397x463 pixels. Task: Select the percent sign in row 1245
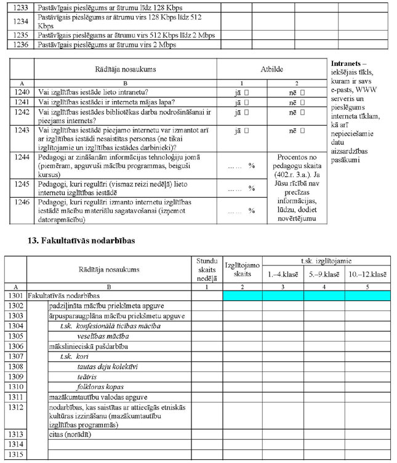tap(251, 188)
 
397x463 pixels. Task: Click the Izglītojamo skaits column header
tap(243, 269)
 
